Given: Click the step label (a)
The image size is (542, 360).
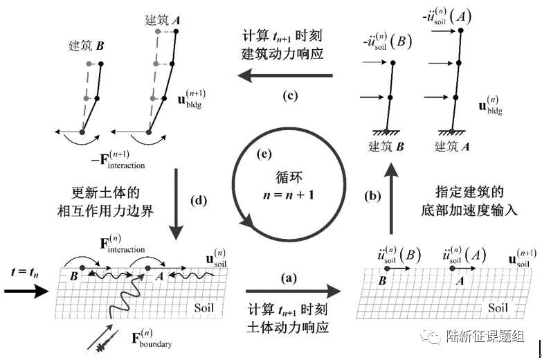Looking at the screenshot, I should (x=288, y=278).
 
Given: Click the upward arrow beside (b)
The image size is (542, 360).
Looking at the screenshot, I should (x=392, y=201).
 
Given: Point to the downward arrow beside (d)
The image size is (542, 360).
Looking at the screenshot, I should (x=179, y=201).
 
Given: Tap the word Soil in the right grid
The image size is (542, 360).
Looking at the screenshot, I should (x=503, y=307).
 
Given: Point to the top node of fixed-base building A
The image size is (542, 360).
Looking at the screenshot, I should (x=453, y=29).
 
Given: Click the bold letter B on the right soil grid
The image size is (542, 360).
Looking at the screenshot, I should (x=381, y=282).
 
